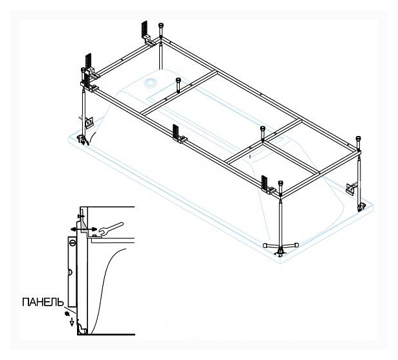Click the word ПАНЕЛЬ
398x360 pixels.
43,302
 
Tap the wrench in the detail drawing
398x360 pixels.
111,228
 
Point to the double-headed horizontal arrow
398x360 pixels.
83,229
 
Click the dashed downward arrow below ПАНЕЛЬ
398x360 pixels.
72,322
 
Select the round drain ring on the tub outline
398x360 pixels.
150,82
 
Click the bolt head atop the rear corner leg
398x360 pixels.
161,25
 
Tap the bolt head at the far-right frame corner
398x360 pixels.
359,139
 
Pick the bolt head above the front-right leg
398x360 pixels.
280,183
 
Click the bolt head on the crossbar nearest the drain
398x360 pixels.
178,80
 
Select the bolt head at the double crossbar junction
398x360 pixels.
263,128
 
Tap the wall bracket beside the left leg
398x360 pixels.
89,122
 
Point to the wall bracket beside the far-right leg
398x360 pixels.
351,188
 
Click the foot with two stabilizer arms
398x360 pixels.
281,248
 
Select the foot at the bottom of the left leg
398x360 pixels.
83,140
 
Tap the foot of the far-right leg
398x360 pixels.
360,207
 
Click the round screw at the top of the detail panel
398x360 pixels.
72,242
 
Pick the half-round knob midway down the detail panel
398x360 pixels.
71,273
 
